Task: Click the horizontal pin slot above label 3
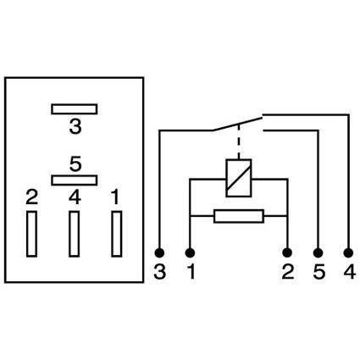(75, 109)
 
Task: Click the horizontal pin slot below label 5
(75, 180)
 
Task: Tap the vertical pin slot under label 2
(31, 234)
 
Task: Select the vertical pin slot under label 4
(74, 234)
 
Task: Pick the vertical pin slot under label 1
(117, 234)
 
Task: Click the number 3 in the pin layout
(75, 127)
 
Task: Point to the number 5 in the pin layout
(75, 164)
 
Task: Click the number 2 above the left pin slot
(31, 197)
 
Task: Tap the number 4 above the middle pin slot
(75, 197)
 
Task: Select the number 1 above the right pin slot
(115, 197)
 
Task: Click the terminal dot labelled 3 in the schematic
(159, 252)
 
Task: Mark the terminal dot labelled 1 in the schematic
(190, 252)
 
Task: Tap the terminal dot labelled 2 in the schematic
(287, 252)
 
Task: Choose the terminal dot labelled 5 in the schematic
(318, 252)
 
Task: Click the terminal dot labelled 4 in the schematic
(349, 252)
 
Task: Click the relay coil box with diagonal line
(239, 178)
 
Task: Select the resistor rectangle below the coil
(239, 216)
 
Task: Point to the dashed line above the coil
(239, 141)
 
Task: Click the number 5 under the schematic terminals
(319, 273)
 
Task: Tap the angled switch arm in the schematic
(237, 124)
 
